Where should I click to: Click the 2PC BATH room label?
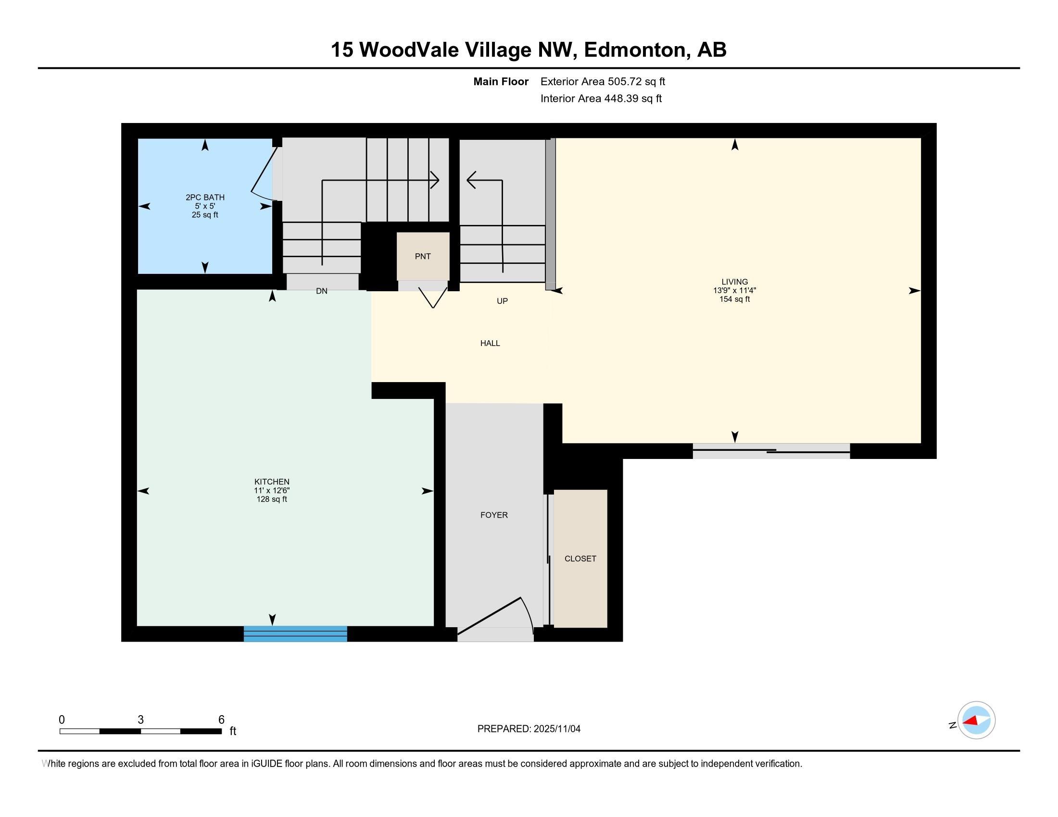205,198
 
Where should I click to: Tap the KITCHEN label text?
272,482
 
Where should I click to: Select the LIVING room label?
734,282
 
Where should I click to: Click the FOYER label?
494,515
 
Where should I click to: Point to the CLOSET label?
580,558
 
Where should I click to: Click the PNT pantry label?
423,257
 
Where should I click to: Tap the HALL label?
490,343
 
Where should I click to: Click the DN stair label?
322,291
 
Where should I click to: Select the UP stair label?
503,301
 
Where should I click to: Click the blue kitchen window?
295,633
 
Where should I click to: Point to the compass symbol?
976,720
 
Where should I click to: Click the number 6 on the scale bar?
221,720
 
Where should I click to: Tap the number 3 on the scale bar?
140,720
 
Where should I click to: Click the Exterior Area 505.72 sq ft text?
603,81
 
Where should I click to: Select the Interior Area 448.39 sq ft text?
601,98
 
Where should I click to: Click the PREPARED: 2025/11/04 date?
529,729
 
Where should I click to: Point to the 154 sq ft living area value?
734,299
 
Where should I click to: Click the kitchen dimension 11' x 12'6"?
272,490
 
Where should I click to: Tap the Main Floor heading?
501,81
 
